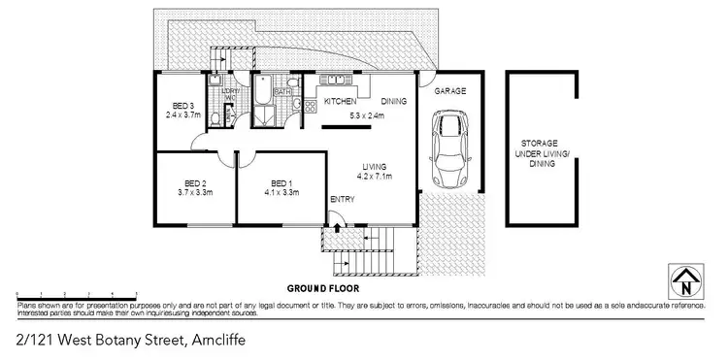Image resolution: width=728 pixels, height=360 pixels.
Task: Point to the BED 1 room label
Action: tap(281, 183)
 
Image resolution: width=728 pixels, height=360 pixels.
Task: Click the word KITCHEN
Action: tap(341, 102)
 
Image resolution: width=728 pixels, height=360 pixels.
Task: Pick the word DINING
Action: tap(393, 102)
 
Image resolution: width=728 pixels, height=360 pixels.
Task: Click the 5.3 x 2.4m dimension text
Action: tap(367, 116)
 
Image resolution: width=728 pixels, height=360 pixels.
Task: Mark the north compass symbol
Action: tap(686, 281)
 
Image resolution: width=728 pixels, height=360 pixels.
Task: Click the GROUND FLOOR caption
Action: tap(324, 289)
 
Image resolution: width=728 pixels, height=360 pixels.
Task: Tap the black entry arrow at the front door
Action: tap(336, 229)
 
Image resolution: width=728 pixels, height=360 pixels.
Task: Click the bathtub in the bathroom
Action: tap(263, 100)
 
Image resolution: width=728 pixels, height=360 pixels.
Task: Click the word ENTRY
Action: tap(342, 200)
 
